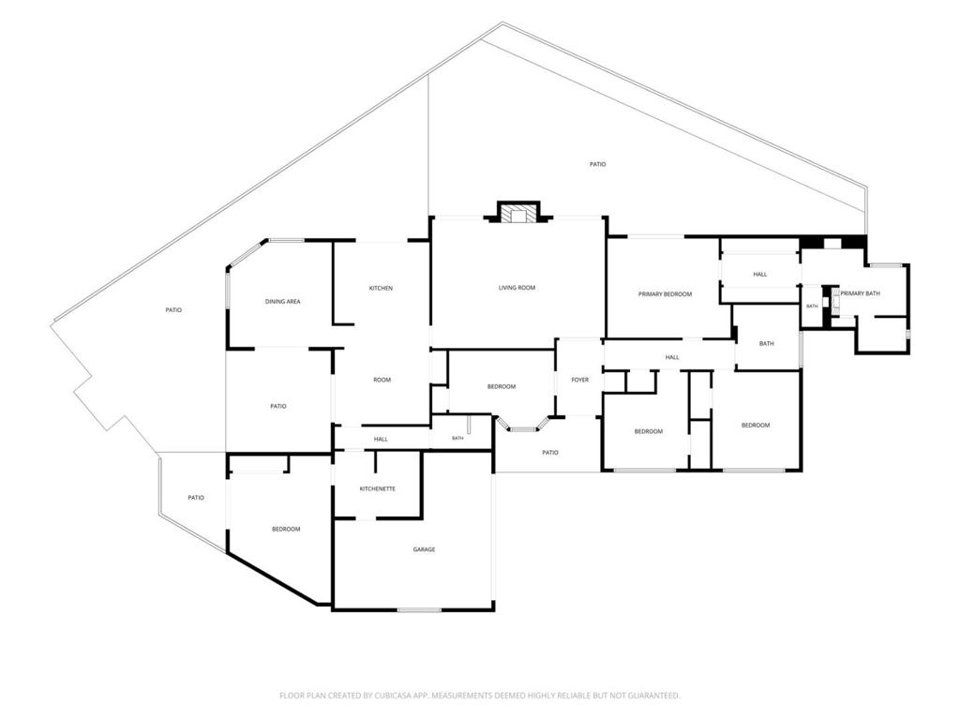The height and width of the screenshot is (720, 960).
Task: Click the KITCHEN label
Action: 381,288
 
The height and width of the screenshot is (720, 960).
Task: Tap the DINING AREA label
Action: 282,301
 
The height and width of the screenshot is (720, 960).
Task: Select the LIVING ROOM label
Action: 517,287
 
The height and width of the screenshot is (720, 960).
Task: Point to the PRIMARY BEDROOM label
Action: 665,293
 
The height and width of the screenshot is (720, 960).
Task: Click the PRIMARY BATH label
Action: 860,293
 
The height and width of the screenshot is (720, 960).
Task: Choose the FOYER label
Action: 579,380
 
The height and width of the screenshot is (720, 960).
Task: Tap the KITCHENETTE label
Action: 377,488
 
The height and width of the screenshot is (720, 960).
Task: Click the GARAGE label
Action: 424,549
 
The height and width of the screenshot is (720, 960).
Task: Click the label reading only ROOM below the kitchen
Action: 382,380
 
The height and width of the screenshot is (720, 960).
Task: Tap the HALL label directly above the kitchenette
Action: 381,439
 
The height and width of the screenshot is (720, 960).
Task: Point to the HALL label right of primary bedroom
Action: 759,275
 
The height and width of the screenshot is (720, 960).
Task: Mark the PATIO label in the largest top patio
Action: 597,164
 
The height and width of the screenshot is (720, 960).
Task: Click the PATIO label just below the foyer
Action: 549,453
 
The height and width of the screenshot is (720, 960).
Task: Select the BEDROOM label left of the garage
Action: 286,529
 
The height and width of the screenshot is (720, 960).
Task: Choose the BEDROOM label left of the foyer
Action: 502,386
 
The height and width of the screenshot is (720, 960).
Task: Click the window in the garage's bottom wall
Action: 419,609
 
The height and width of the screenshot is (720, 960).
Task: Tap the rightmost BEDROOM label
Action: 756,425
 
